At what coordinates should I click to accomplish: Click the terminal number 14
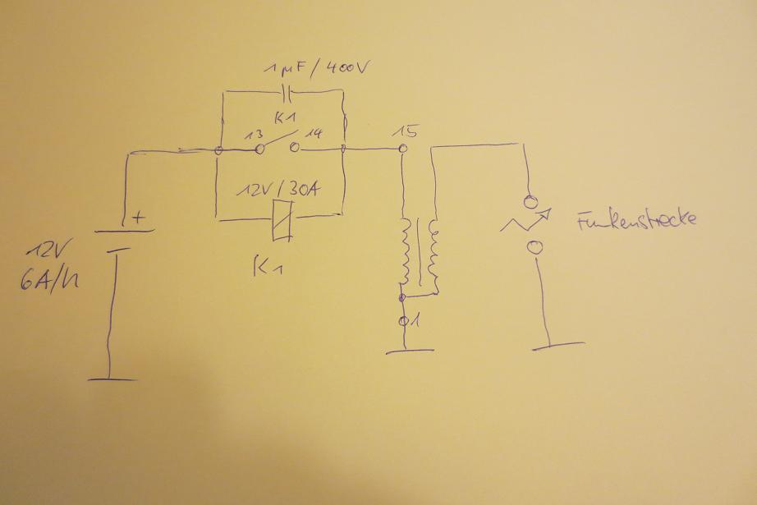[313, 131]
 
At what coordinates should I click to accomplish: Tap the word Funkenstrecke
[636, 220]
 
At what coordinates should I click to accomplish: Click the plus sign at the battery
[138, 218]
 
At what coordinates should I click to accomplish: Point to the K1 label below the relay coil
[272, 267]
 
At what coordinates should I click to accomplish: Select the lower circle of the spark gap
[534, 246]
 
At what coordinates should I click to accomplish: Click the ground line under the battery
[111, 379]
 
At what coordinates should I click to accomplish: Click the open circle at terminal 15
[402, 149]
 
